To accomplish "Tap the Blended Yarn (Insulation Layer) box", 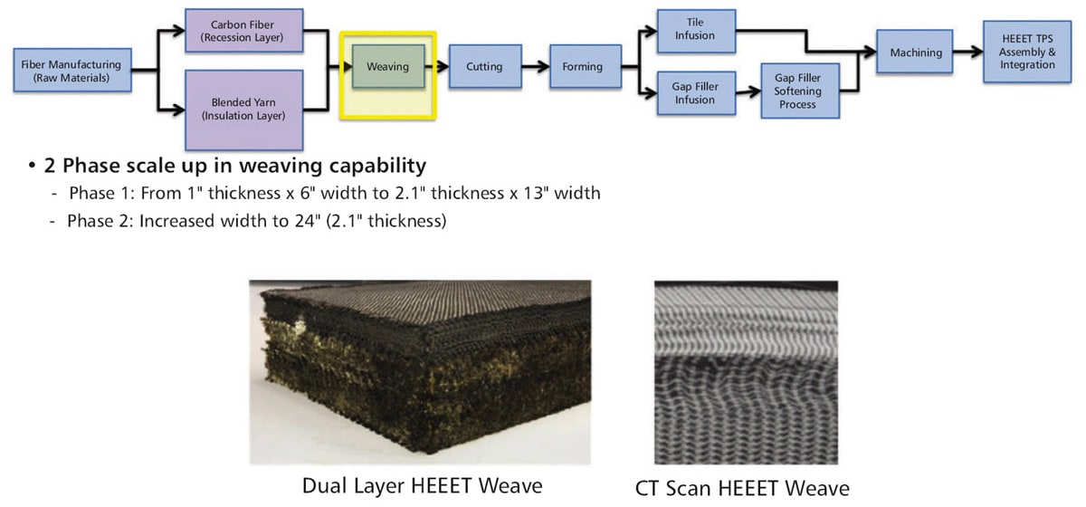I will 243,109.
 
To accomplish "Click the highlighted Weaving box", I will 387,66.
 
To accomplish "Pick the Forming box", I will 582,66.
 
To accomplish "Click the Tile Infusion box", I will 694,30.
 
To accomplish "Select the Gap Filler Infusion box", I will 694,93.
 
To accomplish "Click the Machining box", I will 916,53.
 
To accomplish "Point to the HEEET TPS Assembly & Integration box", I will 1027,52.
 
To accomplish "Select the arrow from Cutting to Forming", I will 538,66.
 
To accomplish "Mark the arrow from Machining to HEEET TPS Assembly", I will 969,53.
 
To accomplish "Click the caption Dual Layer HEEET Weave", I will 422,486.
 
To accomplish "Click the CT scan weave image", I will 746,371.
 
